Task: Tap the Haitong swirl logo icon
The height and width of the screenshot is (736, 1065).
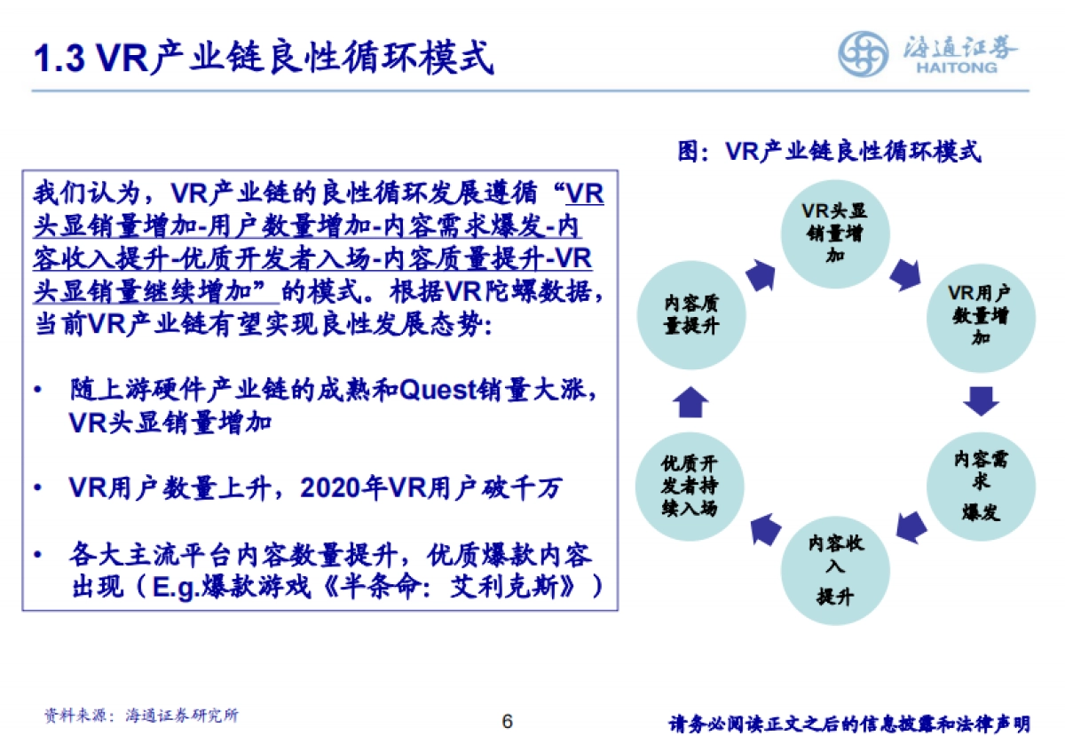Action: pos(864,53)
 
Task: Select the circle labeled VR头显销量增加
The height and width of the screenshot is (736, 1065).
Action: pos(834,233)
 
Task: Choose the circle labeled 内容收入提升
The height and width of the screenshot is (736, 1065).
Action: pos(834,568)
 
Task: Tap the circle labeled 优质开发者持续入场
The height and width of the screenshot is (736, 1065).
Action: pos(690,486)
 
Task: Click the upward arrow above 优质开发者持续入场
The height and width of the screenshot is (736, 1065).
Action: pos(690,403)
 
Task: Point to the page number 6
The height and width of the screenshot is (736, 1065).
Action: pos(507,720)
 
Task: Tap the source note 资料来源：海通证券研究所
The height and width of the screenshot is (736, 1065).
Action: pos(142,715)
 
